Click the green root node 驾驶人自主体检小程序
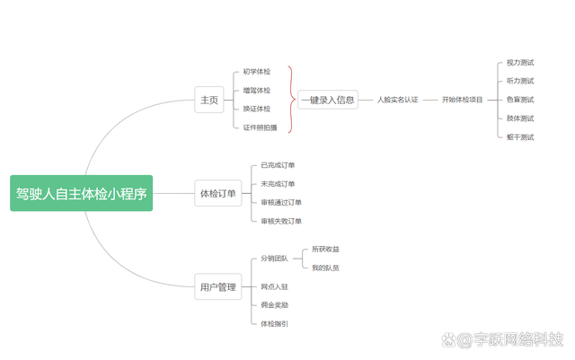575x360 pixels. (82, 193)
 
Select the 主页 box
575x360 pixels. (208, 100)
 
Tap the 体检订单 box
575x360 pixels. (217, 193)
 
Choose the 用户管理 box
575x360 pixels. (217, 287)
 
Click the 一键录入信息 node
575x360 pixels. (328, 100)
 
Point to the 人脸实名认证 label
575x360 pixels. (397, 100)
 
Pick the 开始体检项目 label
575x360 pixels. (462, 100)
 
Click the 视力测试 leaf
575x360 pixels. (520, 63)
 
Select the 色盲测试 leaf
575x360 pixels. (520, 100)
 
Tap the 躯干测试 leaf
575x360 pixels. (520, 137)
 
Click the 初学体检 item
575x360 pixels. (256, 72)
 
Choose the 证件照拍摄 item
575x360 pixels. (260, 127)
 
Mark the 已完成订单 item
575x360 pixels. (278, 165)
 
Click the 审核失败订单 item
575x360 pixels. (281, 221)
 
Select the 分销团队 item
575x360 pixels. (274, 259)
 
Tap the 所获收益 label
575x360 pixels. (325, 249)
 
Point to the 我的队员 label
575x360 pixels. (325, 268)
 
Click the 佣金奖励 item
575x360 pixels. (274, 305)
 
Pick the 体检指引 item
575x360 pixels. (274, 323)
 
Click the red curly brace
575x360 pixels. (291, 100)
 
